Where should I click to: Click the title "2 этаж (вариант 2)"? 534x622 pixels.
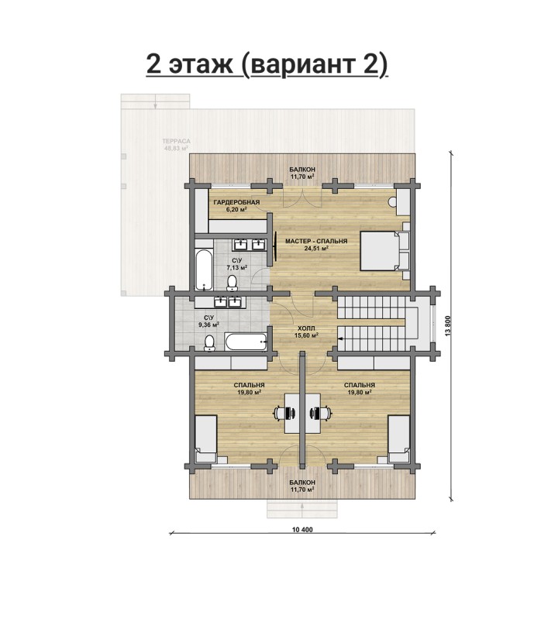point(267,64)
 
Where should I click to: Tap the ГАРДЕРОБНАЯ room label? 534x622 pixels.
point(236,202)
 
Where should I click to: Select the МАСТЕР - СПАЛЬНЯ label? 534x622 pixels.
point(316,241)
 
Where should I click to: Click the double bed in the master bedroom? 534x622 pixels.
point(382,251)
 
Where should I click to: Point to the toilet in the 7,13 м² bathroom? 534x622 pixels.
point(232,283)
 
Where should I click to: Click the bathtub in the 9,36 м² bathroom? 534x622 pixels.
point(246,342)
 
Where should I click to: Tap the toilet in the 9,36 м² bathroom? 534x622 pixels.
point(209,342)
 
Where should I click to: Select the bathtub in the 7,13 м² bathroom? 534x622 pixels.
point(204,270)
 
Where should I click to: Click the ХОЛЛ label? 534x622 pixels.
point(306,328)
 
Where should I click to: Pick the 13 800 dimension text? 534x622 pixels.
point(448,326)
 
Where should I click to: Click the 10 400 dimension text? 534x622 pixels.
point(302,530)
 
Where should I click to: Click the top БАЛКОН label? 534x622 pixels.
point(302,170)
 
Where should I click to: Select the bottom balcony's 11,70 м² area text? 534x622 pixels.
point(302,490)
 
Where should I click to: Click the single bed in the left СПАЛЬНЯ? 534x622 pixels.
point(205,438)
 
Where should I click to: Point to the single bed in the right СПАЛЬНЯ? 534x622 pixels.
point(398,438)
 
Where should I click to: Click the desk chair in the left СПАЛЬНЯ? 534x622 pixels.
point(284,413)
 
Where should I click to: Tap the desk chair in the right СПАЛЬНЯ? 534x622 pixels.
point(321,413)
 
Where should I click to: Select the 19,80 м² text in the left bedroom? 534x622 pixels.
point(249,392)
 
